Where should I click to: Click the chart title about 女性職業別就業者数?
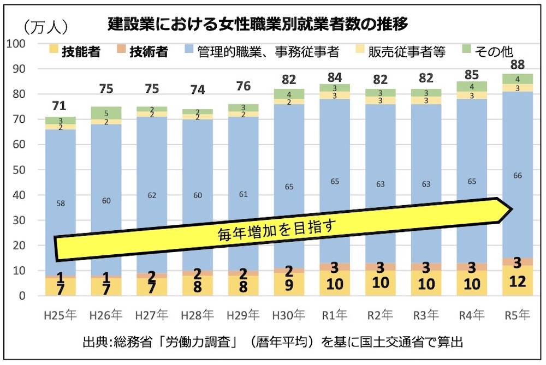click(258, 25)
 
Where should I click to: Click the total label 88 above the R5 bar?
click(516, 65)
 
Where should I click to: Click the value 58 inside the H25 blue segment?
click(61, 203)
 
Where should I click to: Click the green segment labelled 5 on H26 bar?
click(106, 114)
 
